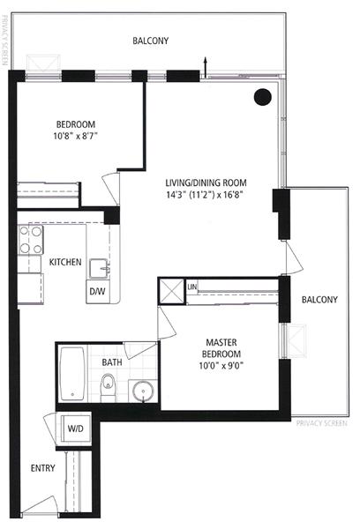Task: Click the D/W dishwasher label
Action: (97, 292)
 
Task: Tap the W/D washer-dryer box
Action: (76, 428)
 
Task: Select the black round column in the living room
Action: (263, 97)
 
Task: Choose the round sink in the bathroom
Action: (143, 391)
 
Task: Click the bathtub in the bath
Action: (72, 374)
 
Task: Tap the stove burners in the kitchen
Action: (31, 240)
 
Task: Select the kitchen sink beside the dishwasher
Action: (100, 269)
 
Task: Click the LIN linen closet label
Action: (191, 287)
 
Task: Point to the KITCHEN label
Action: (65, 262)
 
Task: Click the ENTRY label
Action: (43, 468)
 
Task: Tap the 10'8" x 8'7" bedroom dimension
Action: (76, 136)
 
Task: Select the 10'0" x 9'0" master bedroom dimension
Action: (221, 366)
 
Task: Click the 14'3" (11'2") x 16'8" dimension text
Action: (205, 195)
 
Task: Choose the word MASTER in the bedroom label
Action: (221, 342)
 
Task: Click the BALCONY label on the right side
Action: (319, 300)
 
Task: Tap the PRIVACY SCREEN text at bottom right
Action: (322, 423)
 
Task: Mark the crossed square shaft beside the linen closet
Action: (171, 291)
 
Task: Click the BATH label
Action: (112, 362)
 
